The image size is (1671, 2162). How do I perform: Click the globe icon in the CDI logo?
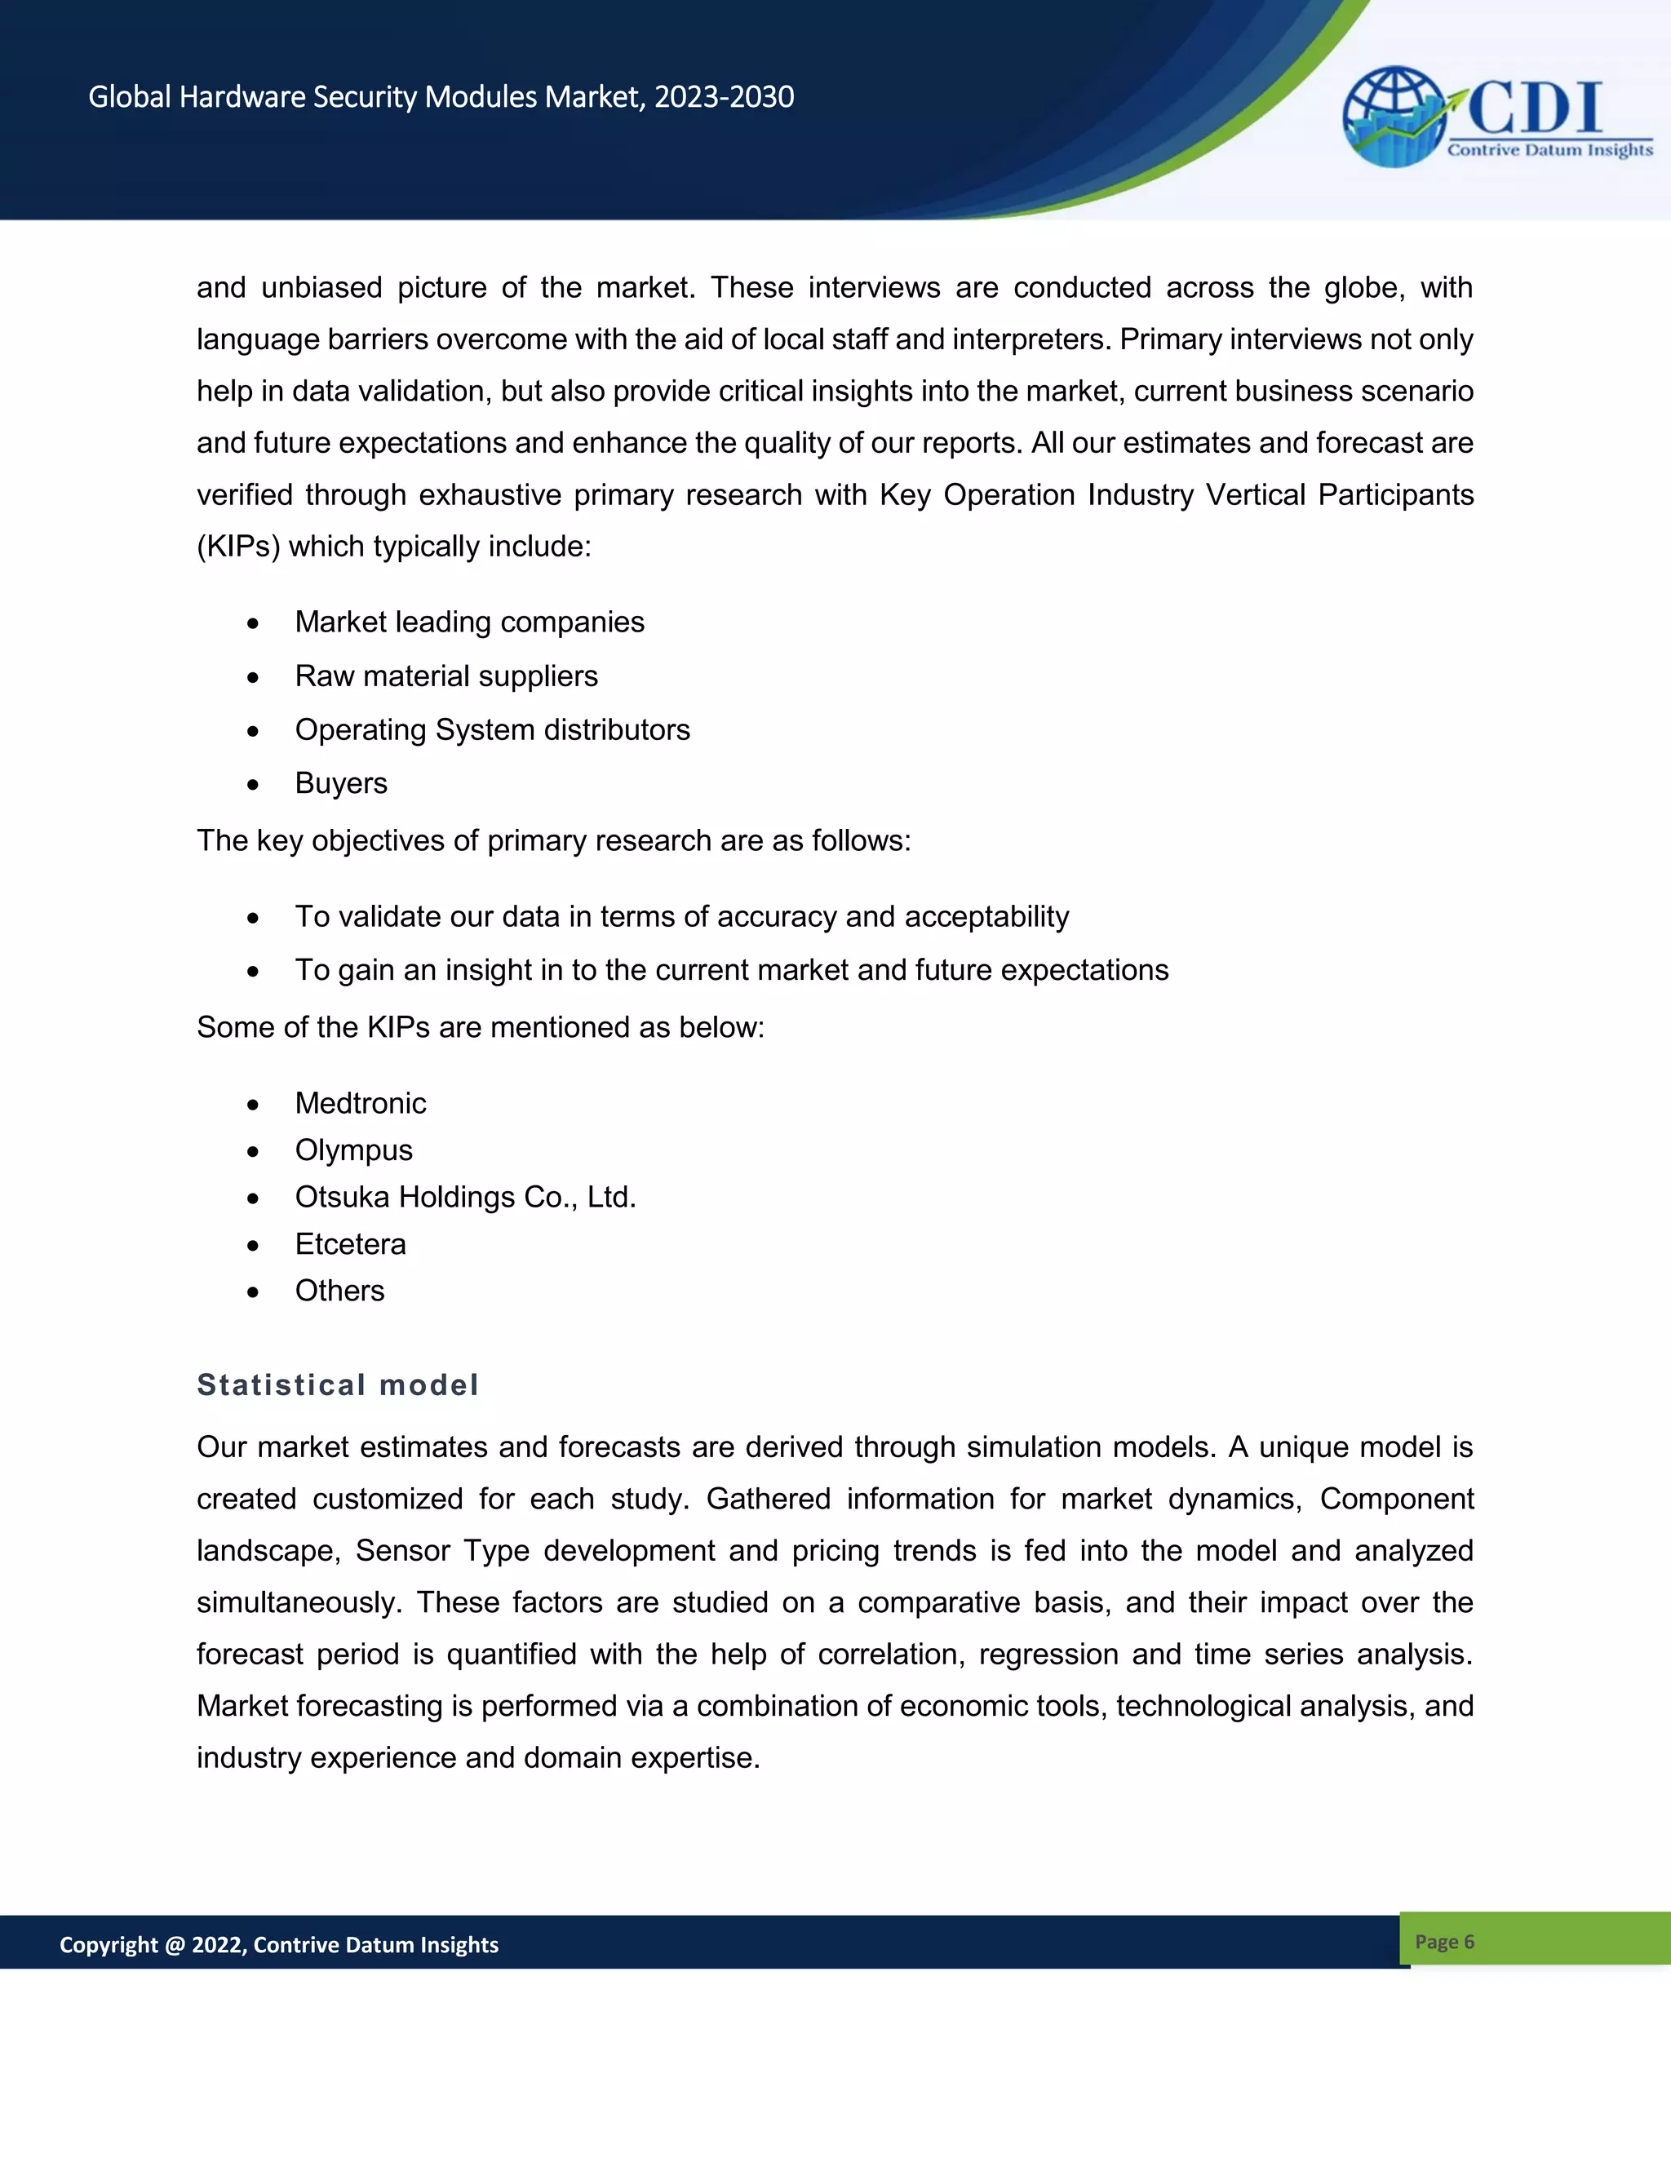pyautogui.click(x=1393, y=116)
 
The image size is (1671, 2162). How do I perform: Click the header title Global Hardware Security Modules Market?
pyautogui.click(x=441, y=97)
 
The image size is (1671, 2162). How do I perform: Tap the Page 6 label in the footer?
pyautogui.click(x=1444, y=1941)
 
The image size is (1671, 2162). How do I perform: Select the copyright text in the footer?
pyautogui.click(x=278, y=1944)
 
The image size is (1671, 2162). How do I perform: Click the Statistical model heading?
pyautogui.click(x=338, y=1384)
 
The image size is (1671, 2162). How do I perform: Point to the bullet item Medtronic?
pyautogui.click(x=361, y=1103)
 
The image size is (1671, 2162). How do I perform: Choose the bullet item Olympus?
pyautogui.click(x=353, y=1150)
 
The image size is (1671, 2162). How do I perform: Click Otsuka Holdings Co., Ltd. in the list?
pyautogui.click(x=465, y=1197)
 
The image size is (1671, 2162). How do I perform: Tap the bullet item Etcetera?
pyautogui.click(x=350, y=1243)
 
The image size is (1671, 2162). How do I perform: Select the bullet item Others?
pyautogui.click(x=339, y=1291)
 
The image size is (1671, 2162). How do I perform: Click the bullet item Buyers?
pyautogui.click(x=340, y=783)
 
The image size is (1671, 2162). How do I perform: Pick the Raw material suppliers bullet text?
pyautogui.click(x=445, y=676)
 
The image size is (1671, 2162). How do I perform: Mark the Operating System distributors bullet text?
pyautogui.click(x=492, y=729)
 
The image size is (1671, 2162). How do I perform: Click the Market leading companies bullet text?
pyautogui.click(x=469, y=622)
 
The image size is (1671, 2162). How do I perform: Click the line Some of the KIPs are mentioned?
pyautogui.click(x=480, y=1027)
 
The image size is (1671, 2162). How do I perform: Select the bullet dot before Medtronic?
pyautogui.click(x=254, y=1105)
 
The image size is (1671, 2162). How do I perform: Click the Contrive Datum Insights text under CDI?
pyautogui.click(x=1549, y=150)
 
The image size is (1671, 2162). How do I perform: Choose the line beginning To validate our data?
pyautogui.click(x=681, y=917)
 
